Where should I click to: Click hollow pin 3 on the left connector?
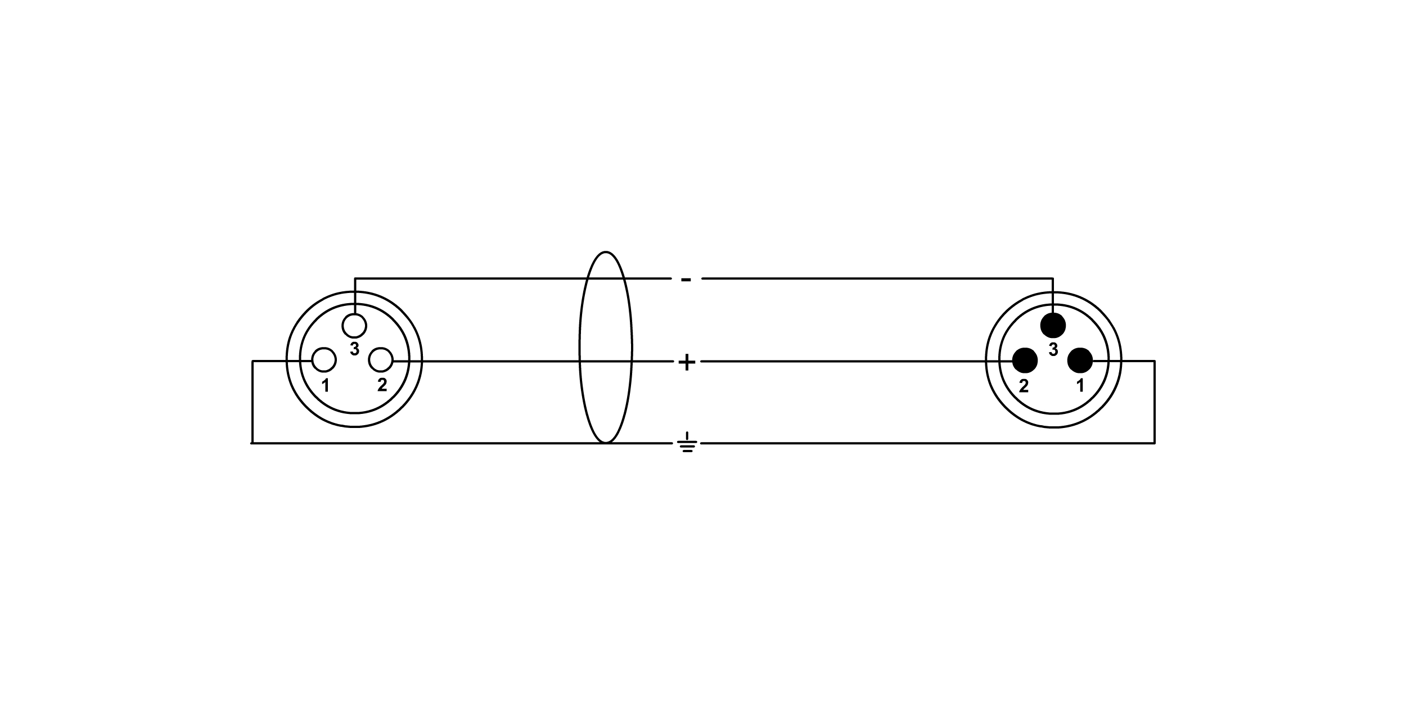(354, 326)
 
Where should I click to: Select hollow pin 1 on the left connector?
(324, 360)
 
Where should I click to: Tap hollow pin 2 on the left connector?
(381, 360)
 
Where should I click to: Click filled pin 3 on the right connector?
(1053, 326)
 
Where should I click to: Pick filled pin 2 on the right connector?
(1025, 360)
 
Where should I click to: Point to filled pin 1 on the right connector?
(1080, 360)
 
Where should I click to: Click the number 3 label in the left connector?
(354, 349)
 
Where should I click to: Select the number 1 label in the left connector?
(325, 386)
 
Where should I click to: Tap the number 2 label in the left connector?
(382, 385)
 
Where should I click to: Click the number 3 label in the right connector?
(1053, 350)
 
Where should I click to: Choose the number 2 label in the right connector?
(1024, 386)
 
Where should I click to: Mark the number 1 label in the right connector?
(1080, 386)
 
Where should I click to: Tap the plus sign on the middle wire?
(687, 362)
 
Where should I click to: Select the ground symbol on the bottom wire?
(687, 443)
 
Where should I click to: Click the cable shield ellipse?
(606, 347)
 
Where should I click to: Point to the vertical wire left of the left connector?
(253, 402)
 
